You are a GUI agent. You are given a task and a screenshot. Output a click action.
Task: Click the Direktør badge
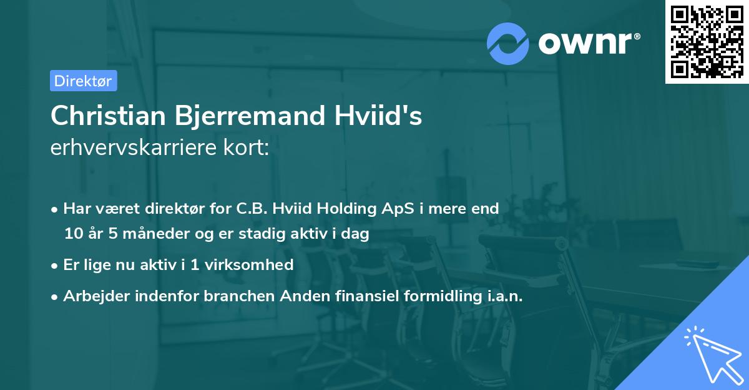83,81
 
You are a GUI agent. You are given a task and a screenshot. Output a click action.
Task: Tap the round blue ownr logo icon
508,43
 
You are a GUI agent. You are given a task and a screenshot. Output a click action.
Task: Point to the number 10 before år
73,234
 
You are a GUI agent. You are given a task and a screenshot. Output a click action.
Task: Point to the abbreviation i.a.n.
504,296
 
